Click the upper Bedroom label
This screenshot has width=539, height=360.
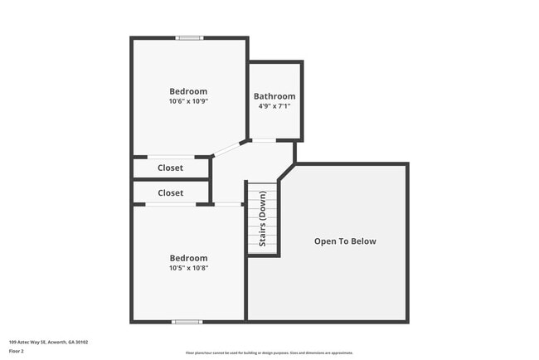coord(188,91)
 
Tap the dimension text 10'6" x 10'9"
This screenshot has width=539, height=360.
coord(188,101)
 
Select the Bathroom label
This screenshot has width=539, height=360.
coord(274,96)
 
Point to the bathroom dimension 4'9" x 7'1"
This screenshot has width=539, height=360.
coord(274,106)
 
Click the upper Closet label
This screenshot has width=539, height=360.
coord(170,168)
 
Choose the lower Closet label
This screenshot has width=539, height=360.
coord(170,192)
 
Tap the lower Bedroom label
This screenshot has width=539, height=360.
coord(188,258)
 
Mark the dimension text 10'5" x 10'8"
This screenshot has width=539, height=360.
coord(188,268)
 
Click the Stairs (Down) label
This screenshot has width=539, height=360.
coord(263,219)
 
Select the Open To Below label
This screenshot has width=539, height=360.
coord(345,241)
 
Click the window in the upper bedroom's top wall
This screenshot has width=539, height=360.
coord(189,37)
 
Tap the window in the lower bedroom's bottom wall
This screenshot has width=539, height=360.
coord(187,321)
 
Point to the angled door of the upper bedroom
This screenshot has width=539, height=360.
coord(226,148)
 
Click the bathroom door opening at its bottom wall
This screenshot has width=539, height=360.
coord(264,140)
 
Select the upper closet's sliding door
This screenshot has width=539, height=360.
coord(171,156)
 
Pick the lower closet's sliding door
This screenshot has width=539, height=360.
coord(180,204)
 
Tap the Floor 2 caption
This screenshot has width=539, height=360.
coord(17,351)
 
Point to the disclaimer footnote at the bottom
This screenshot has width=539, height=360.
coord(269,352)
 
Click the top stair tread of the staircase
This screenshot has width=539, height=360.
coord(263,185)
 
